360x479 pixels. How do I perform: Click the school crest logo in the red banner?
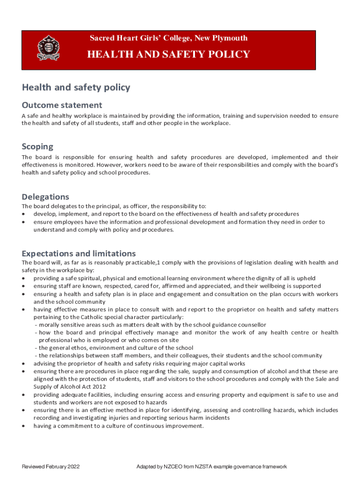[48, 48]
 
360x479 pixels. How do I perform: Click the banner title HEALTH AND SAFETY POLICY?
[169, 54]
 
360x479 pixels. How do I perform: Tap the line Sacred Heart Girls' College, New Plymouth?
[169, 38]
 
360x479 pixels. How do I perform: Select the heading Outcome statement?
[62, 105]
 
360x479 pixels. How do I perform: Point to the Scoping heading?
[37, 146]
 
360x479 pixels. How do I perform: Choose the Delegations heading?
[45, 196]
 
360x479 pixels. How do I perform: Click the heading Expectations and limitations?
[79, 254]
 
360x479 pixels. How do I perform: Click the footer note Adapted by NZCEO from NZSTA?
[211, 467]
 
